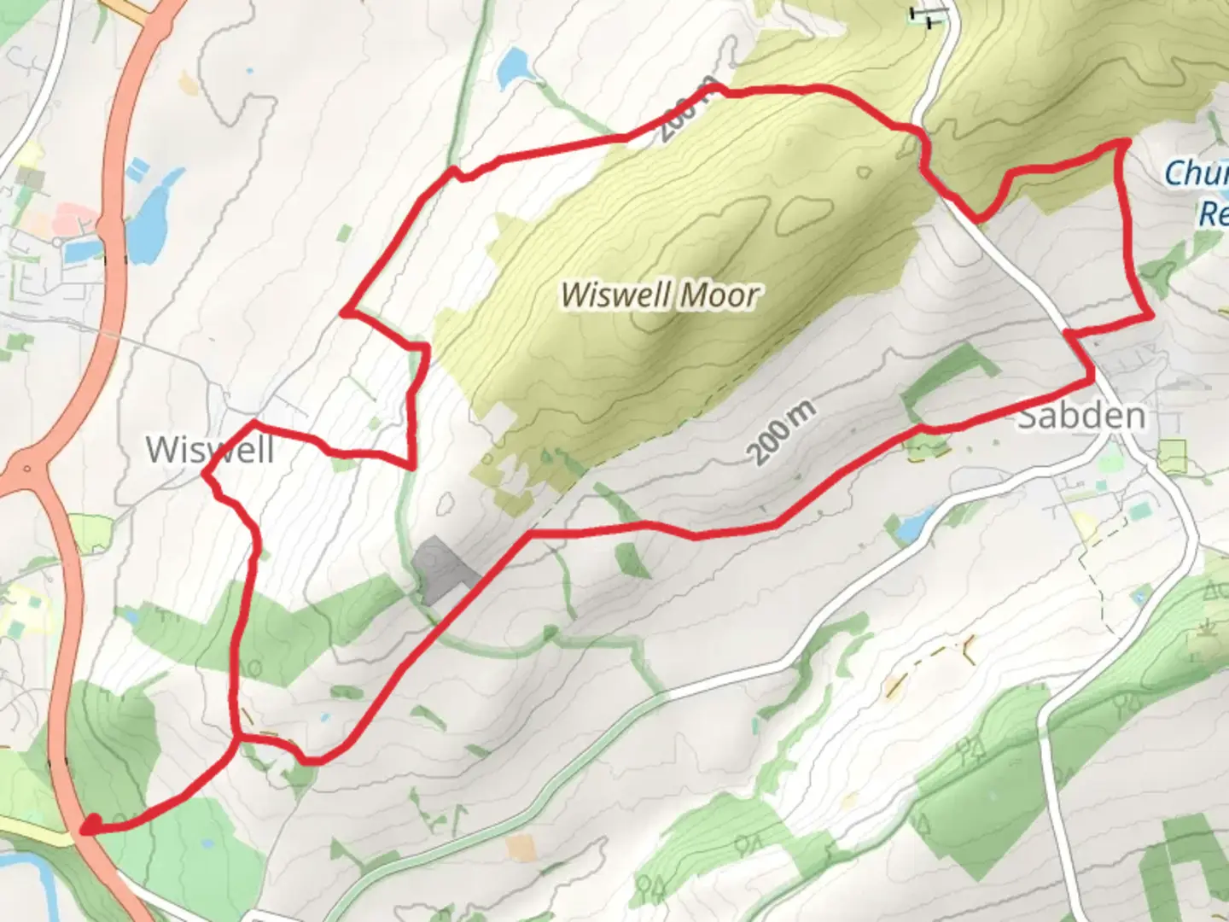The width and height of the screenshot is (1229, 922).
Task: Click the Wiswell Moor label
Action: (659, 295)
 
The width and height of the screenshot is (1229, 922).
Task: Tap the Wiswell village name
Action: (209, 450)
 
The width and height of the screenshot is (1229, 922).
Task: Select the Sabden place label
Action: (1080, 416)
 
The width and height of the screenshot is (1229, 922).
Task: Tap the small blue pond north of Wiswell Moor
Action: (514, 67)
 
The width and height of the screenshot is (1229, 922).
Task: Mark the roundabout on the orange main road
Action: (27, 469)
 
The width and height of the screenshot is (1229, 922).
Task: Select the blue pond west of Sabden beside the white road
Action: (912, 525)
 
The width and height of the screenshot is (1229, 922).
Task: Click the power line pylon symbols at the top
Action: (928, 13)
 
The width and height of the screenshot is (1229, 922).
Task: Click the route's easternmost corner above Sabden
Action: (1151, 317)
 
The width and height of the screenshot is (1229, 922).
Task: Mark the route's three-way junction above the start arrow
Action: (237, 735)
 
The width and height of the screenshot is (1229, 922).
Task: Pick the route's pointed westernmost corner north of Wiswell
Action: (343, 312)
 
